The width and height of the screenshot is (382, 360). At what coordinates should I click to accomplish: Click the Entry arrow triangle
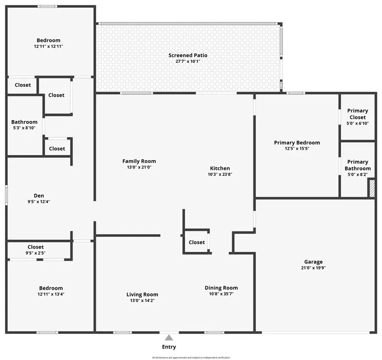[169, 338]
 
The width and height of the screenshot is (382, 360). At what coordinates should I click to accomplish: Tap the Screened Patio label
[188, 55]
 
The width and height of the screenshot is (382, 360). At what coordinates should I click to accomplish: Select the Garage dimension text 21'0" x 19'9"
[313, 268]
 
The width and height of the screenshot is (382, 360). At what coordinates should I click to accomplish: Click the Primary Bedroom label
[297, 143]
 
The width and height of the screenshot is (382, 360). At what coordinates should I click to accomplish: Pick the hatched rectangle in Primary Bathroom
[371, 188]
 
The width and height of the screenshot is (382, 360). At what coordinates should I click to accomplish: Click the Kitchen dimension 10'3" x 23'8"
[220, 174]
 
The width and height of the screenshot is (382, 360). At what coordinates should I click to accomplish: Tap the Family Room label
[139, 161]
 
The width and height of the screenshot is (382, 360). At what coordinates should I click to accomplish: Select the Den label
[39, 196]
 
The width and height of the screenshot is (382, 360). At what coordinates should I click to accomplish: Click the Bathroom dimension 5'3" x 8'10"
[24, 128]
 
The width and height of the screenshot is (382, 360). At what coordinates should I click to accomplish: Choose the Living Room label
[142, 294]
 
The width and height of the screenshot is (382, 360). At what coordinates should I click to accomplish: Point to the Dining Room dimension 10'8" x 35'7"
[221, 294]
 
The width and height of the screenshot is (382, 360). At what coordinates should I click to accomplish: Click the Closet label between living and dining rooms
[197, 242]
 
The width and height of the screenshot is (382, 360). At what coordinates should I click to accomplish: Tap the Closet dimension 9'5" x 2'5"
[36, 253]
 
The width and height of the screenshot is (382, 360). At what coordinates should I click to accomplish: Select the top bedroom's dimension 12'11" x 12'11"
[48, 46]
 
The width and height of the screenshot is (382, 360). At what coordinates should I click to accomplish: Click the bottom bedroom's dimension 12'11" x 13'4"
[51, 294]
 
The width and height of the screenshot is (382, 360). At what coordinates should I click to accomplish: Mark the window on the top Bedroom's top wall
[48, 6]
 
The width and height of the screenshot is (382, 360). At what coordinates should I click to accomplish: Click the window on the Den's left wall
[6, 196]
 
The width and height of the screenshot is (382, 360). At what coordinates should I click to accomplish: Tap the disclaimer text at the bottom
[191, 357]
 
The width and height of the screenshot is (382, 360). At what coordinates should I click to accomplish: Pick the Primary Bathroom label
[357, 165]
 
